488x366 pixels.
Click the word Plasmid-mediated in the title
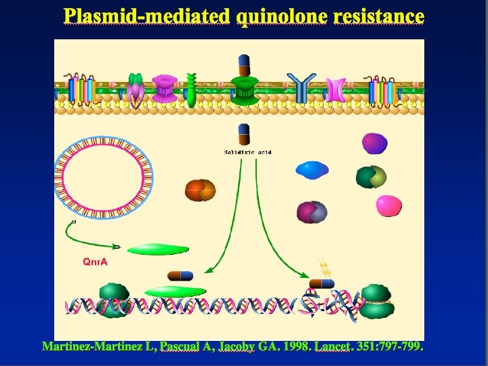[x=146, y=16]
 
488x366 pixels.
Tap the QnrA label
[x=95, y=261]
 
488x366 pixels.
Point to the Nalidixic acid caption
[x=247, y=152]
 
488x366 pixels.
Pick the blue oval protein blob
[x=312, y=169]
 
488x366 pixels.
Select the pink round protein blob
[x=389, y=205]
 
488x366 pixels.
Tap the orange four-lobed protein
[x=199, y=190]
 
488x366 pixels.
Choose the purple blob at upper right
[x=374, y=143]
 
